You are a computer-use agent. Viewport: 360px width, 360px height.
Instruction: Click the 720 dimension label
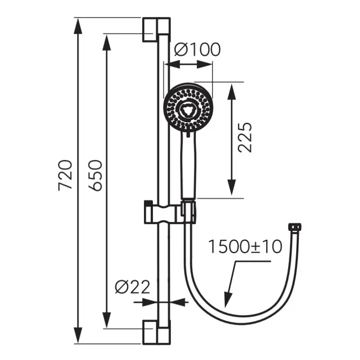(65, 175)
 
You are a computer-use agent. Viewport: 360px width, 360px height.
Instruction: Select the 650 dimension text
(95, 175)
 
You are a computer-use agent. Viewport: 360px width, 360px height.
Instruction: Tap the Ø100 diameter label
(197, 49)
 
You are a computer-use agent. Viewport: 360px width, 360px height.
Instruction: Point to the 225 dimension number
(245, 138)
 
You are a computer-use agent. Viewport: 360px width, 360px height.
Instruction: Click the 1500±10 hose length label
(245, 247)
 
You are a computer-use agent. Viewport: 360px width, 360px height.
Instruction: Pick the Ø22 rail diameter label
(132, 287)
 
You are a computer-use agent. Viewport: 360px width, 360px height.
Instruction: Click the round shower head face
(188, 108)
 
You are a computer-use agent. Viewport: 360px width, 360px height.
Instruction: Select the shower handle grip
(189, 165)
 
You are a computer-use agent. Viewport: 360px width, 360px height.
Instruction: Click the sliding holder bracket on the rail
(170, 212)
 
